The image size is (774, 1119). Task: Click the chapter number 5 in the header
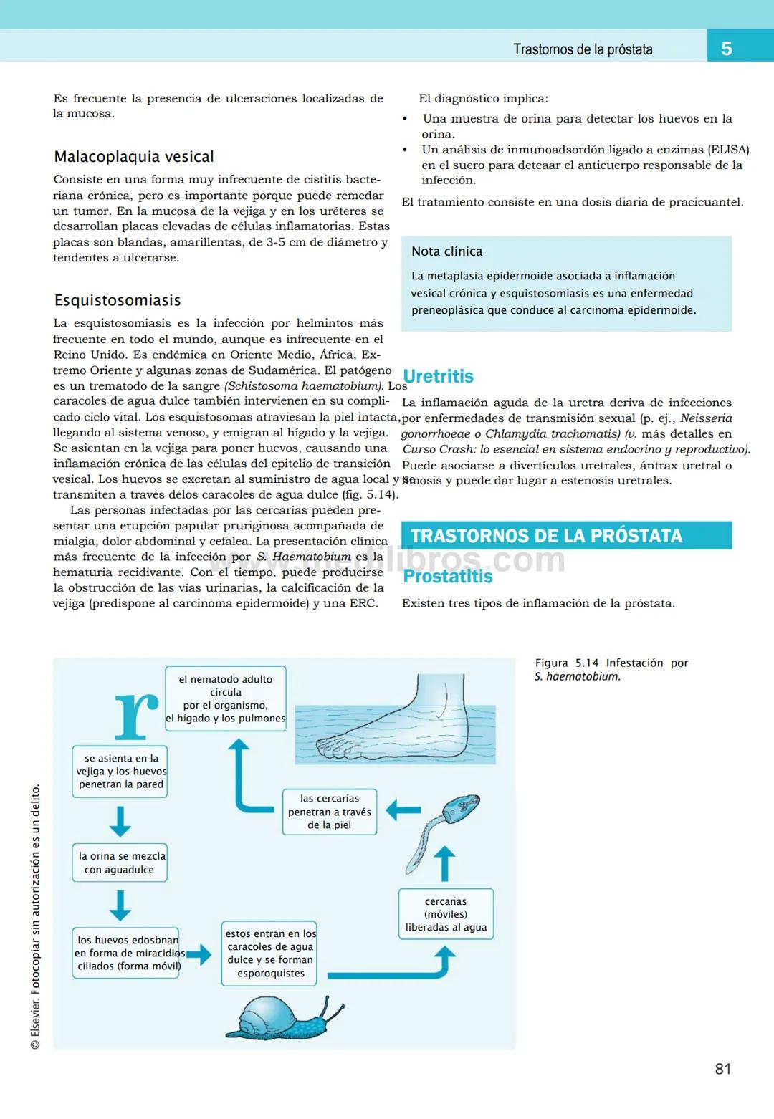click(x=726, y=49)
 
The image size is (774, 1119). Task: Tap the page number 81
click(x=723, y=1069)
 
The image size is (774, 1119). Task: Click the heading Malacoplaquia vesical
click(x=134, y=157)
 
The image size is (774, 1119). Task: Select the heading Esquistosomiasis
click(x=118, y=301)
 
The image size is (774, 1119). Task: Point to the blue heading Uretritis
click(x=438, y=376)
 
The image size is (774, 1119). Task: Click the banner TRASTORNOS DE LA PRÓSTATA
click(x=566, y=536)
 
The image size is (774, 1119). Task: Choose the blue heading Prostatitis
click(x=448, y=576)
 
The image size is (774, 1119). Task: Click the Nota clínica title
click(x=446, y=251)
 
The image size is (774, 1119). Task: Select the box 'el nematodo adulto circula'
click(x=226, y=698)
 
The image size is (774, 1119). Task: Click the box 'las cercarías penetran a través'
click(x=329, y=812)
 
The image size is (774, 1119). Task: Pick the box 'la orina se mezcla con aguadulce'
click(x=120, y=863)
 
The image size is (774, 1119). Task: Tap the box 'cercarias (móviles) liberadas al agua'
click(x=446, y=914)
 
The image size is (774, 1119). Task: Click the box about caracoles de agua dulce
click(x=269, y=954)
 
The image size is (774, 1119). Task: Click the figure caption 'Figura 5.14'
click(x=611, y=669)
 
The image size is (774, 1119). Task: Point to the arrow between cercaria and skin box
click(x=403, y=810)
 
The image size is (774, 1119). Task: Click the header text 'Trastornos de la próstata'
click(x=583, y=49)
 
